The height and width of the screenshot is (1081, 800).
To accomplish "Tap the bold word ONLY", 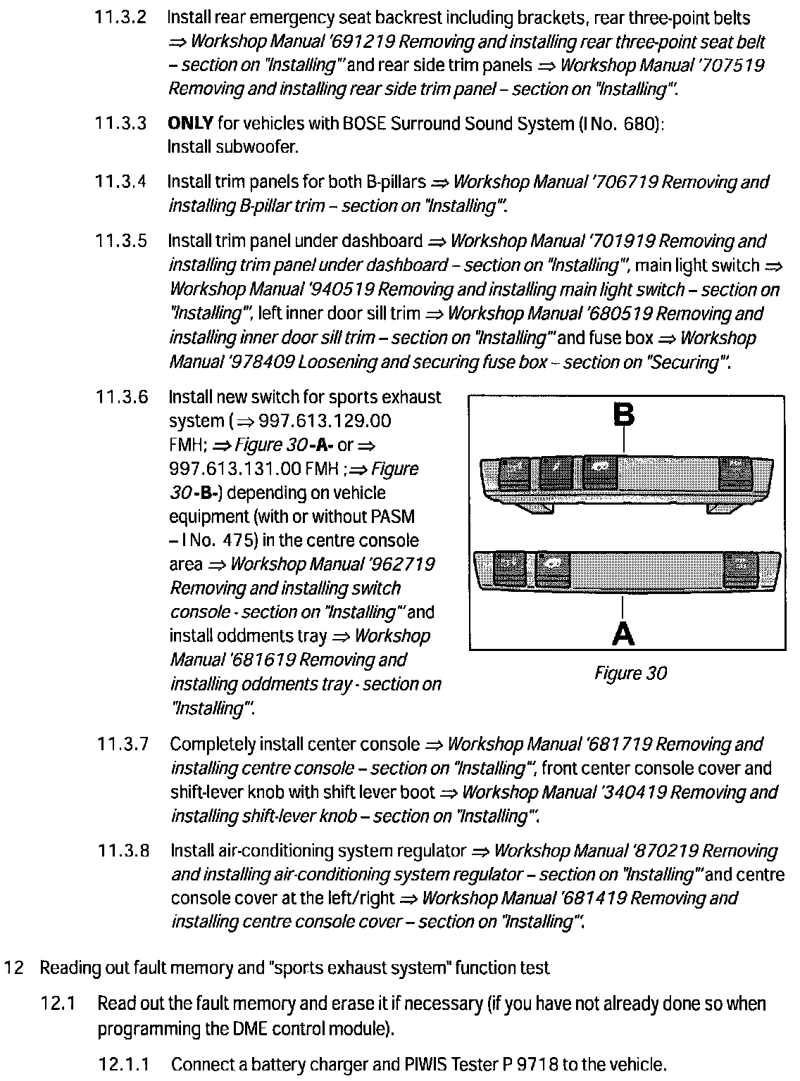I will click(x=190, y=124).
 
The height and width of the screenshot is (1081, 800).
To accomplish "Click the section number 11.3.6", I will click(x=122, y=398).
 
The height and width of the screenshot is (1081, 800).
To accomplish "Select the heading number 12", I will click(x=15, y=968).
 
